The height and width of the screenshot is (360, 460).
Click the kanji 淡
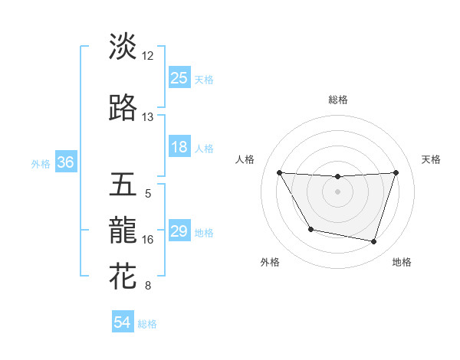tap(123, 47)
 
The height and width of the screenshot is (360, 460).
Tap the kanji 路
tap(123, 109)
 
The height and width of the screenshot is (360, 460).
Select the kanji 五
tap(123, 185)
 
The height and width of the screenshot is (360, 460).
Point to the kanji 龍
tap(123, 230)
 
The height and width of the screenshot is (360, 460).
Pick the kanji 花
tap(123, 277)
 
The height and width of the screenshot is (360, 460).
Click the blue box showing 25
tap(179, 77)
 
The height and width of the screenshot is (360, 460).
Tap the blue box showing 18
tap(179, 147)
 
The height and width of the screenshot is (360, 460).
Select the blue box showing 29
tap(179, 231)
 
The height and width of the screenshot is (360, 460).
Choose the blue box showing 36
tap(65, 162)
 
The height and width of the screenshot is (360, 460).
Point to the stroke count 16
tap(148, 240)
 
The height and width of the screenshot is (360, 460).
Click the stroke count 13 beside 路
tap(148, 117)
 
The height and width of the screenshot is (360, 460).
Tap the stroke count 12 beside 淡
tap(148, 56)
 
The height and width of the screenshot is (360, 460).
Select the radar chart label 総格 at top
tap(338, 100)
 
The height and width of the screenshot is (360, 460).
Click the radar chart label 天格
tap(431, 159)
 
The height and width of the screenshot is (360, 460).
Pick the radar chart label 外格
tap(270, 262)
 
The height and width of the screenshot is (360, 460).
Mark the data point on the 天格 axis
tap(396, 172)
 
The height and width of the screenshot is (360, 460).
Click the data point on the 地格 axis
tap(374, 242)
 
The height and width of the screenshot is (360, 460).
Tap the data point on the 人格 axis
tap(279, 172)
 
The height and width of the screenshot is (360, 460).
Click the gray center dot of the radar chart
tap(338, 191)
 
